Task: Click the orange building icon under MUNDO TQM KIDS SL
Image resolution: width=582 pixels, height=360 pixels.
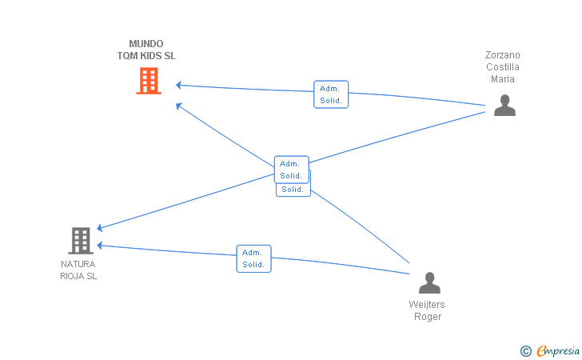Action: pyautogui.click(x=149, y=81)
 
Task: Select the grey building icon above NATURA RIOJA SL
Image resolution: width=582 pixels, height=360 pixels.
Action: pyautogui.click(x=81, y=240)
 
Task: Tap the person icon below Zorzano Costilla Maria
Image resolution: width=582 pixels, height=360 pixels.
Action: pyautogui.click(x=504, y=105)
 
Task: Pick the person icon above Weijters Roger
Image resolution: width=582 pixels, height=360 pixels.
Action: pyautogui.click(x=430, y=282)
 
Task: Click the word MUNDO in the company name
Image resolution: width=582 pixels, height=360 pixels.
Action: pyautogui.click(x=146, y=44)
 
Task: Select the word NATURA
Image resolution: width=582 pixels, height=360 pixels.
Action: pyautogui.click(x=78, y=264)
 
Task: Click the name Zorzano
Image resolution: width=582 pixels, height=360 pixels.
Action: pyautogui.click(x=503, y=55)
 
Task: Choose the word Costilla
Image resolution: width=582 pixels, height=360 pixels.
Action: pyautogui.click(x=503, y=67)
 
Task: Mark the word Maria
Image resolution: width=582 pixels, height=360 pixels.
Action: pyautogui.click(x=503, y=78)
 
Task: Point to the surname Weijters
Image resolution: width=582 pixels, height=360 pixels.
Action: pyautogui.click(x=427, y=305)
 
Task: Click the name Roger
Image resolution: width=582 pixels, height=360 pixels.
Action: pyautogui.click(x=428, y=317)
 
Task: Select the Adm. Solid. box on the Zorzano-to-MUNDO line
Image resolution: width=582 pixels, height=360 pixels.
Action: pyautogui.click(x=331, y=94)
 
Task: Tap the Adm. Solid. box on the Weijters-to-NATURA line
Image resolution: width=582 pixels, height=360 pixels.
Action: pyautogui.click(x=254, y=258)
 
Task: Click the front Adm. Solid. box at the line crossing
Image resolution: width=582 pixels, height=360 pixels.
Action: pyautogui.click(x=291, y=170)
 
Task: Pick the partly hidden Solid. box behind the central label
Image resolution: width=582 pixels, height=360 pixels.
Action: pyautogui.click(x=293, y=190)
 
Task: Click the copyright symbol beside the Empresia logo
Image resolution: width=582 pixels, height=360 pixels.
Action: pyautogui.click(x=525, y=351)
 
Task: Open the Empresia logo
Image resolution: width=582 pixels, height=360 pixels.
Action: pyautogui.click(x=558, y=350)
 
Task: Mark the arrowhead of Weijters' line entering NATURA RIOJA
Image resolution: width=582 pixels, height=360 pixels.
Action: pyautogui.click(x=100, y=246)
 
